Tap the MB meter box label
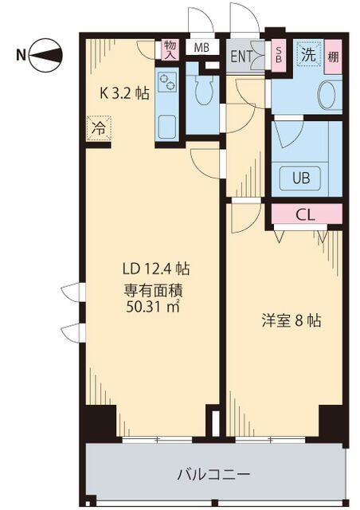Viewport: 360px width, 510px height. [202, 47]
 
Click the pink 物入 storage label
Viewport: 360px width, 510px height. [170, 49]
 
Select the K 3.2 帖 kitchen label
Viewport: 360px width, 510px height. [123, 93]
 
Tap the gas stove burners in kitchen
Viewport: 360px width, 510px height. [168, 82]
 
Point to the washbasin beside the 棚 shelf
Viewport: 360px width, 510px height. [328, 96]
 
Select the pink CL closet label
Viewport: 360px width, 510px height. [305, 214]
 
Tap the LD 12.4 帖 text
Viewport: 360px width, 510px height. [155, 269]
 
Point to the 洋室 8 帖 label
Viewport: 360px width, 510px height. [292, 322]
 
